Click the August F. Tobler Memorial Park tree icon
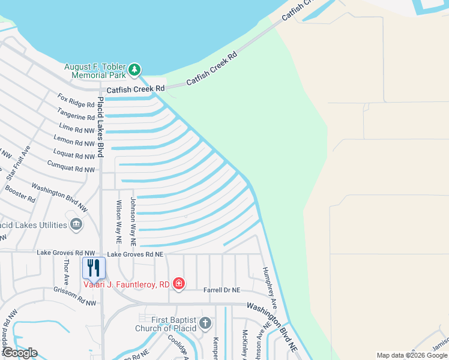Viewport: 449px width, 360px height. click(x=135, y=70)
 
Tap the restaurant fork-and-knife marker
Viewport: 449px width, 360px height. click(x=94, y=267)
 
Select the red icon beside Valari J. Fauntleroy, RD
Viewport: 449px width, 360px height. click(x=178, y=283)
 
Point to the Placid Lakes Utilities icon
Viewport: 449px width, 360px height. click(x=76, y=225)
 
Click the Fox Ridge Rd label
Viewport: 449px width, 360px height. click(x=76, y=100)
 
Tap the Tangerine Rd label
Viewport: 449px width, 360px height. click(x=76, y=113)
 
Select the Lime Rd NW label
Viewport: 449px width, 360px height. click(x=77, y=127)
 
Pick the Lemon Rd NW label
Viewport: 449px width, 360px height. click(x=74, y=142)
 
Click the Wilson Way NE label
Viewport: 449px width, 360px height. click(x=118, y=222)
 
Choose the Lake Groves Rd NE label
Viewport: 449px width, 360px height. click(x=136, y=254)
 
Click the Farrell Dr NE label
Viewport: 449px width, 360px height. click(x=223, y=290)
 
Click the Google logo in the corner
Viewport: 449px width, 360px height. click(x=20, y=353)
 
